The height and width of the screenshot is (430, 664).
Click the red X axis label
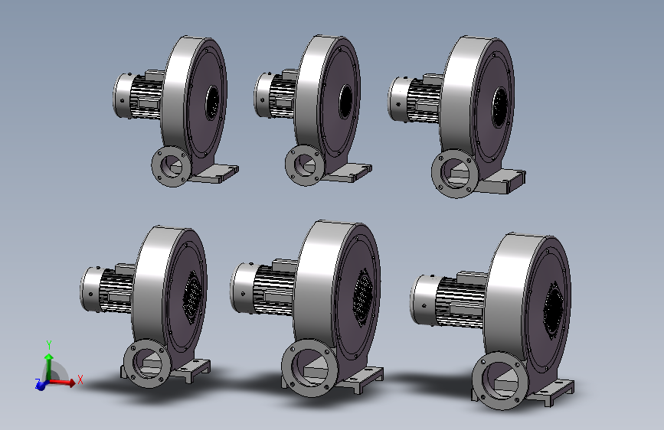coord(80,380)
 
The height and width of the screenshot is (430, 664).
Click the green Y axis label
coord(49,344)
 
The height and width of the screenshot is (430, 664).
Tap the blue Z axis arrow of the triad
coord(41,385)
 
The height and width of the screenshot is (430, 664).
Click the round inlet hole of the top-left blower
coord(212,103)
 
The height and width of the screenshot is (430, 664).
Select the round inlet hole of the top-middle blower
coord(346,102)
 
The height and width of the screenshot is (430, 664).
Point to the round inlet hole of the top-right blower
coord(499,107)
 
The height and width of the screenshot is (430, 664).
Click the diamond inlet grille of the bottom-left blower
coord(192,297)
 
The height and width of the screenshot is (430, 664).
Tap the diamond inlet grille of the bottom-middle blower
coord(363,298)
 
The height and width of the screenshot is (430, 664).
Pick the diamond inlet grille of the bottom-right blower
coord(554,310)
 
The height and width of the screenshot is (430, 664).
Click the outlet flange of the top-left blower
coord(172,166)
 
